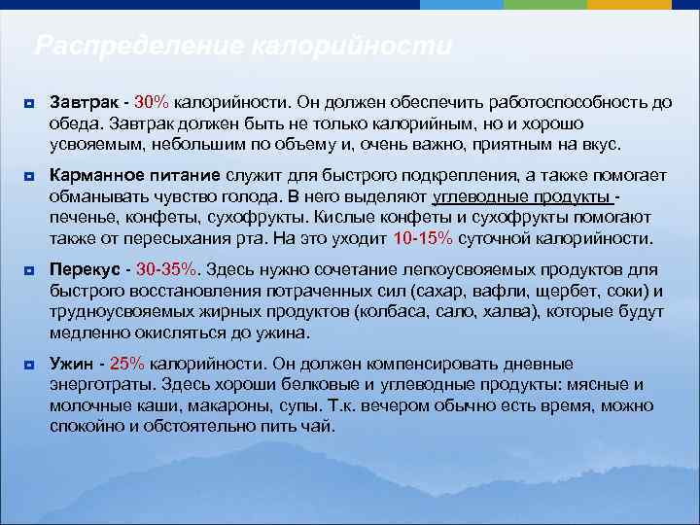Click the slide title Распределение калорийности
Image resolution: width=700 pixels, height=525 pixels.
(x=243, y=46)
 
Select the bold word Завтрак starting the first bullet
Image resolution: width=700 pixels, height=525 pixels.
(x=86, y=102)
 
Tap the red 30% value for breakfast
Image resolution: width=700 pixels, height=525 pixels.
(x=152, y=102)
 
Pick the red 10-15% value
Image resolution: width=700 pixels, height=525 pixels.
(x=423, y=237)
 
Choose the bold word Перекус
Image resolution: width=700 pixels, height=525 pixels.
(x=87, y=268)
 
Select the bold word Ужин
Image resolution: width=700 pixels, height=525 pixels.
(x=72, y=364)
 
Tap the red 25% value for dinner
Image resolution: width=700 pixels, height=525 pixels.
(x=126, y=364)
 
